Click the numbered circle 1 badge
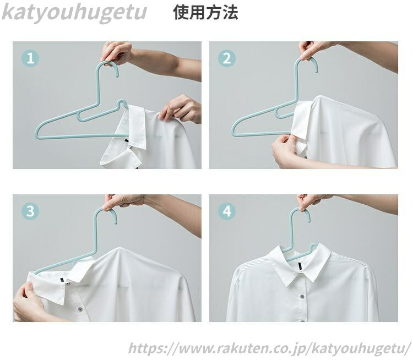30,58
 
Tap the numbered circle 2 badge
226,58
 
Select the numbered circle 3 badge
30,211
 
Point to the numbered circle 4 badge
226,211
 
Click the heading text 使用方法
205,12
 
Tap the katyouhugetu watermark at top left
74,12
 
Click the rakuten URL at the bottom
270,348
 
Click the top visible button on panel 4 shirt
302,297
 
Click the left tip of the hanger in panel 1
36,134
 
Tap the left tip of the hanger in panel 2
232,131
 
